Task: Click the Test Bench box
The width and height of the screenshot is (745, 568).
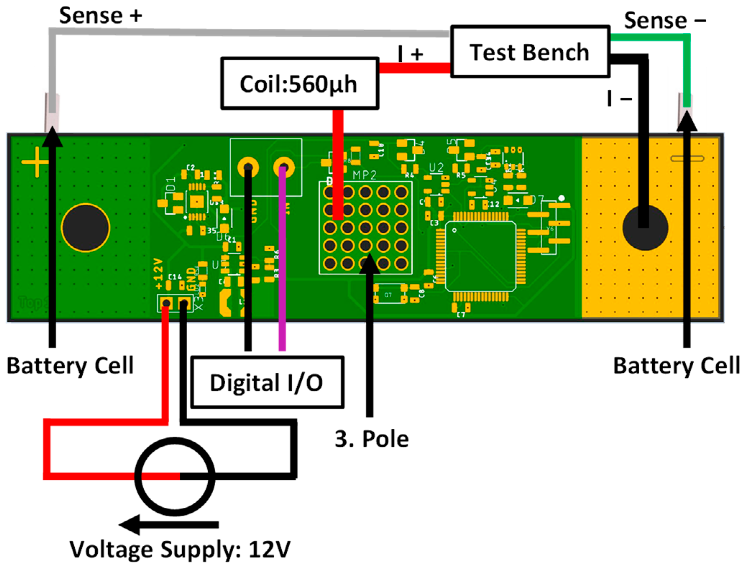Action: coord(530,51)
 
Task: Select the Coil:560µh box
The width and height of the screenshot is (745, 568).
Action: coord(299,83)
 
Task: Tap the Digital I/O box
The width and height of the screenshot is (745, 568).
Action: coord(267,382)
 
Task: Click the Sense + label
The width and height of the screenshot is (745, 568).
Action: coord(100,16)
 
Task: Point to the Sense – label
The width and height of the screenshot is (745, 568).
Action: coord(664,20)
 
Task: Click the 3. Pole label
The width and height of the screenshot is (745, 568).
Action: coord(372,439)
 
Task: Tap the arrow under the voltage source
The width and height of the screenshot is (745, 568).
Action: coord(169,525)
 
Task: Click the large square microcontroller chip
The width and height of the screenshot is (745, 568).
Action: coord(480,256)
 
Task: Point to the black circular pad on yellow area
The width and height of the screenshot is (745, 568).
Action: coord(645,228)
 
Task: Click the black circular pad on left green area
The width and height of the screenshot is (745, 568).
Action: coord(86,228)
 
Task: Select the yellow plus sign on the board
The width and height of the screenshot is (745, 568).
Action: coord(35,162)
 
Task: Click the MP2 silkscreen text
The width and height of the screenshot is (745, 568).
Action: coord(364,175)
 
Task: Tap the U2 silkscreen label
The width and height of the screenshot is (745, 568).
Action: coord(436,168)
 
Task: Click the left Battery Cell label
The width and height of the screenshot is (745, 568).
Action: coord(70,366)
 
